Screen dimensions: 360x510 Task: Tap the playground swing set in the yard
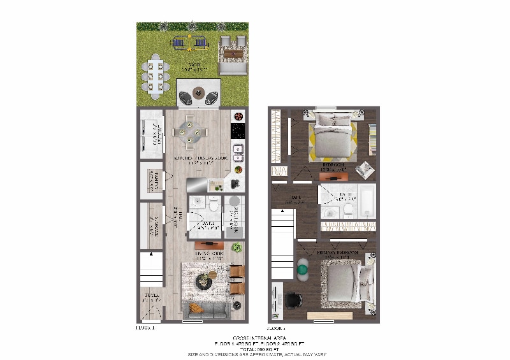click(189, 43)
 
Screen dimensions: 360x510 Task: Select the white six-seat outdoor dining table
click(157, 75)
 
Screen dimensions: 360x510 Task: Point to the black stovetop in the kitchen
click(238, 131)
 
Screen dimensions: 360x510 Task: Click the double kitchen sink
click(238, 151)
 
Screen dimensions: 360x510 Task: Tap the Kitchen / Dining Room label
click(201, 160)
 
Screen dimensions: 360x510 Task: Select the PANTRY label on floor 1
click(152, 179)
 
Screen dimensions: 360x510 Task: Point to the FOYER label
click(151, 296)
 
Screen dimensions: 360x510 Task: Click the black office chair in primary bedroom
click(294, 301)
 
